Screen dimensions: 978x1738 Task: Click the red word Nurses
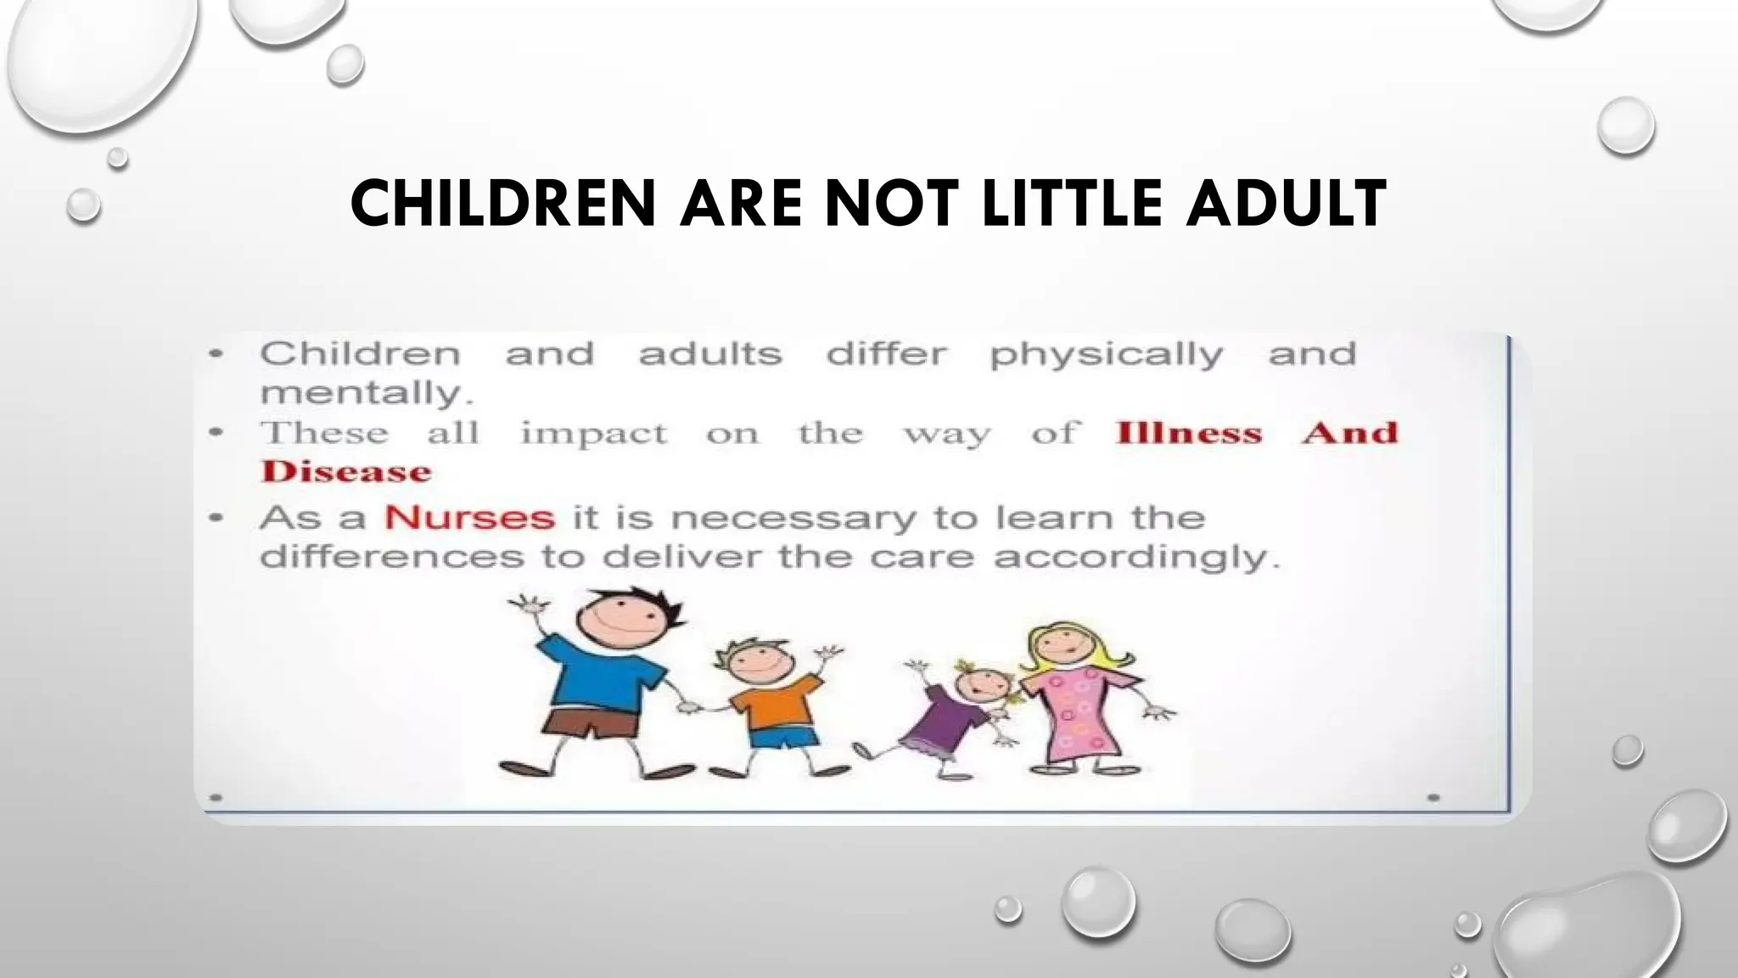469,517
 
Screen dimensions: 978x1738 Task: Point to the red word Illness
1189,433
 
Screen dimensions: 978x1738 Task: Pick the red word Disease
346,472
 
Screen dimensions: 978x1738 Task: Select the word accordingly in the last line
1136,558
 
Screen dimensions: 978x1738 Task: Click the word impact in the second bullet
594,434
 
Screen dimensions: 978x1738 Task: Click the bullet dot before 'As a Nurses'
217,517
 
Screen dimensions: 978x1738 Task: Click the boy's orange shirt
769,701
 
